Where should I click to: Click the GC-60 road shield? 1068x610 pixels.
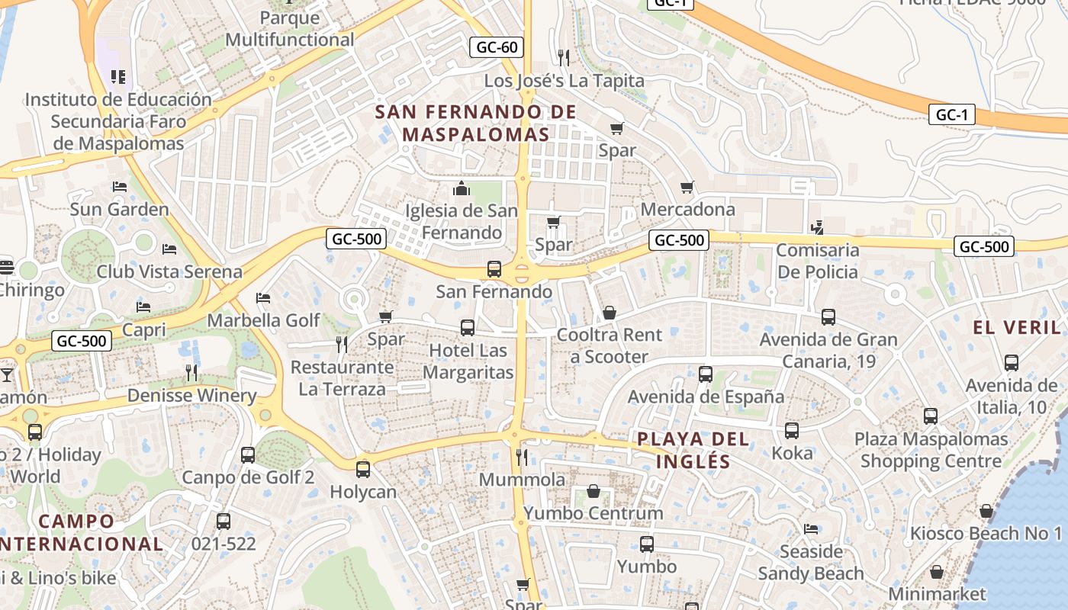point(497,47)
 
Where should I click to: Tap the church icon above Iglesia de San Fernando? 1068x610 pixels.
point(461,188)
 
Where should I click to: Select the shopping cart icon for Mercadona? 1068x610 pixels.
point(687,187)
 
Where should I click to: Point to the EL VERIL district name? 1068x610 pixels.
point(1016,327)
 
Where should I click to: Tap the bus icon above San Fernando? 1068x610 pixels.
point(494,269)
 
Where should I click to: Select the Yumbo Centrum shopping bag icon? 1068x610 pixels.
point(594,491)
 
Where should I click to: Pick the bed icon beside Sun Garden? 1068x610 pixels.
point(119,187)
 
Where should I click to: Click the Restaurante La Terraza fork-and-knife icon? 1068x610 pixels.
point(342,345)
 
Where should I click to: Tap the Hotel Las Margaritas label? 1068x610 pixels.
point(468,361)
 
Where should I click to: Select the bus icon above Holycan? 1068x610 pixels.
point(363,469)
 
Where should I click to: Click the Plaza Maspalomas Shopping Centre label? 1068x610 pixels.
point(931,450)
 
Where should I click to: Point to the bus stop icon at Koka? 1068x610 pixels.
point(792,431)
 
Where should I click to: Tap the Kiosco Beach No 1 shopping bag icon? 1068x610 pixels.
point(986,511)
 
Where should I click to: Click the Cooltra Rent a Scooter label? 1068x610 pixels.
point(610,345)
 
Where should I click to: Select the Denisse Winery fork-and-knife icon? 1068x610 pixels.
point(191,372)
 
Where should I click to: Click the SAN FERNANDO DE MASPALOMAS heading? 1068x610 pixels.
point(476,123)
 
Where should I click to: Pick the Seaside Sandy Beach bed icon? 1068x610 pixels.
point(811,528)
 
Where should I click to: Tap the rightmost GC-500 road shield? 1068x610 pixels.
point(984,246)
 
